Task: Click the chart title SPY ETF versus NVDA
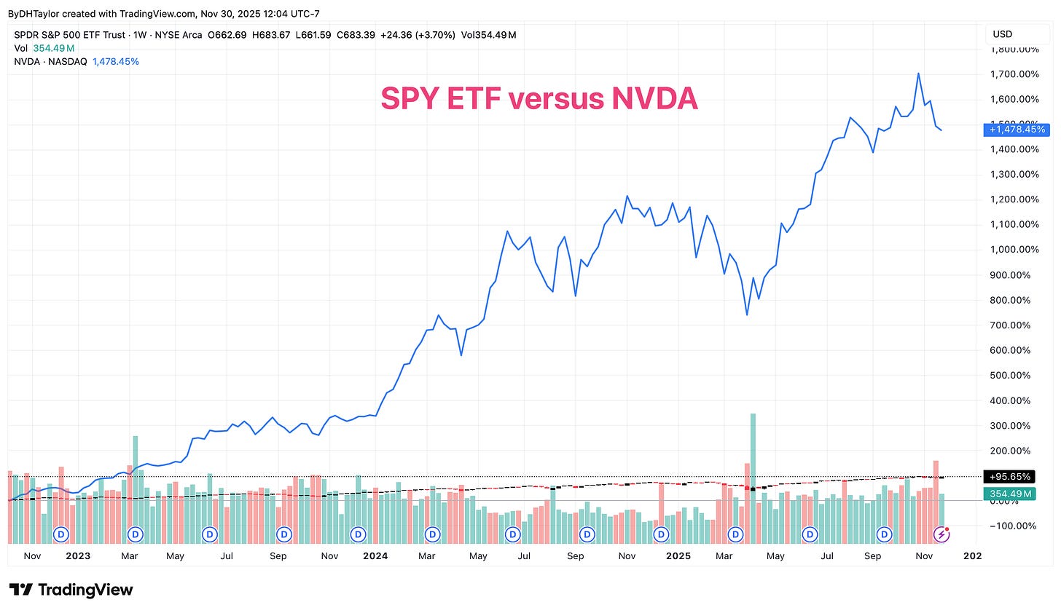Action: [x=539, y=98]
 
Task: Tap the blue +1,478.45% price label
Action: [x=1017, y=130]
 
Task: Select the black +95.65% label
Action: [x=1009, y=477]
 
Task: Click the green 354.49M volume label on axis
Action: [x=1009, y=494]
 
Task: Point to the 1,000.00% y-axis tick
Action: [x=1014, y=250]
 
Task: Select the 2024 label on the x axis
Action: [x=375, y=555]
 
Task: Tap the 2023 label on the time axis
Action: [x=78, y=555]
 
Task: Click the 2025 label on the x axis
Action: [x=678, y=555]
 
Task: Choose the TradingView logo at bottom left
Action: [x=71, y=590]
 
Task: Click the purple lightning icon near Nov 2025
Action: [x=941, y=534]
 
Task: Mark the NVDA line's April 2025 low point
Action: [x=747, y=315]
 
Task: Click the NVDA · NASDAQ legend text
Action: [x=50, y=62]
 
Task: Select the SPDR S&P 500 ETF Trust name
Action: [x=69, y=35]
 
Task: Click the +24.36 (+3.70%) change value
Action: [x=418, y=35]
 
